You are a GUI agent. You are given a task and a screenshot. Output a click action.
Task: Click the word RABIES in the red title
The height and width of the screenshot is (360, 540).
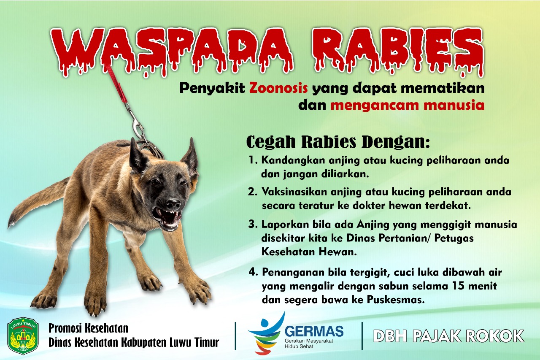click(398, 52)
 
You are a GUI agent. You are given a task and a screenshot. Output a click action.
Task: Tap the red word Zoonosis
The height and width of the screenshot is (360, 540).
click(278, 88)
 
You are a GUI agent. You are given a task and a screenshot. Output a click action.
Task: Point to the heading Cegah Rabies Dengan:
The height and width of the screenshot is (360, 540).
click(338, 142)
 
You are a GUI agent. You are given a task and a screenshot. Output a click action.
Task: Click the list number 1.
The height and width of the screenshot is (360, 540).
click(253, 160)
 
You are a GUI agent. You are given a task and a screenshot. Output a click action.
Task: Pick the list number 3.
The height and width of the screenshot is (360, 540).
click(253, 224)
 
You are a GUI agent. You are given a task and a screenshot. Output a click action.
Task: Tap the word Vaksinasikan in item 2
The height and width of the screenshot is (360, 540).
click(294, 192)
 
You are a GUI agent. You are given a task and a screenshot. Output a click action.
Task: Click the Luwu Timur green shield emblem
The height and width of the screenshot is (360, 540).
click(23, 336)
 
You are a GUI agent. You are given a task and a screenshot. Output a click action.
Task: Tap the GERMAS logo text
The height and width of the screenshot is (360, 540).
click(314, 331)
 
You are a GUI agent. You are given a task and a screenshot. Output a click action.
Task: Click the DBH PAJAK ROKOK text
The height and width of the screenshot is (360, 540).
click(448, 336)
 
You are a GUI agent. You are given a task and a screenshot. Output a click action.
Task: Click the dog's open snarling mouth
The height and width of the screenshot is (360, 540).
click(168, 218)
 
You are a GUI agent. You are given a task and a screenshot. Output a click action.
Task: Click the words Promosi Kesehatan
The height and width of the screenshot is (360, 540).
click(88, 328)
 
